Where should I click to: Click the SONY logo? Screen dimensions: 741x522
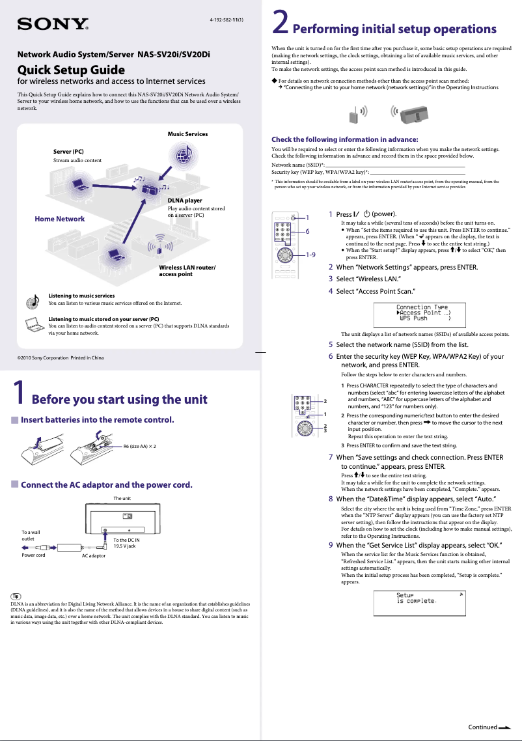(x=53, y=25)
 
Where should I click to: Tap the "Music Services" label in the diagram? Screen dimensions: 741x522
(x=187, y=134)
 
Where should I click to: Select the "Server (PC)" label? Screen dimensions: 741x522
(x=68, y=152)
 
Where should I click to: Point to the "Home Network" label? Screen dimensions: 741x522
(x=59, y=219)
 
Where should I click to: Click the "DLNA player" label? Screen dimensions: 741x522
(x=185, y=201)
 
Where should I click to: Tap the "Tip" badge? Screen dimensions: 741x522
(x=17, y=596)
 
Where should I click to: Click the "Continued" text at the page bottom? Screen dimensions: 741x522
(x=483, y=727)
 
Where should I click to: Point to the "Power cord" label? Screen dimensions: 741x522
(x=33, y=555)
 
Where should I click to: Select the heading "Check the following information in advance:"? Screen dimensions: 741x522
(x=344, y=139)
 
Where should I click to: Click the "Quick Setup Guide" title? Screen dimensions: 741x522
(x=70, y=70)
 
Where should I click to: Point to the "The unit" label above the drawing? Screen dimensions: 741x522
(x=122, y=498)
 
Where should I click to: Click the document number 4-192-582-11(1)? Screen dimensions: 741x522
(x=226, y=20)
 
